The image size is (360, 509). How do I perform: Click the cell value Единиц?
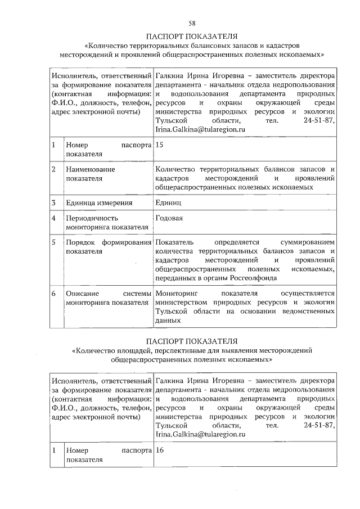coord(169,202)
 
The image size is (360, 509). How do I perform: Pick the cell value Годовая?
coord(170,218)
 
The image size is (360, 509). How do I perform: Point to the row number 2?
coord(53,169)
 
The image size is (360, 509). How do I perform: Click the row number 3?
coord(53,202)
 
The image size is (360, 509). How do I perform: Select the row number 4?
coord(53,218)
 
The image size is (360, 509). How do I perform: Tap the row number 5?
coord(53,242)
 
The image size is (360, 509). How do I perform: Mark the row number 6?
coord(53,293)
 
